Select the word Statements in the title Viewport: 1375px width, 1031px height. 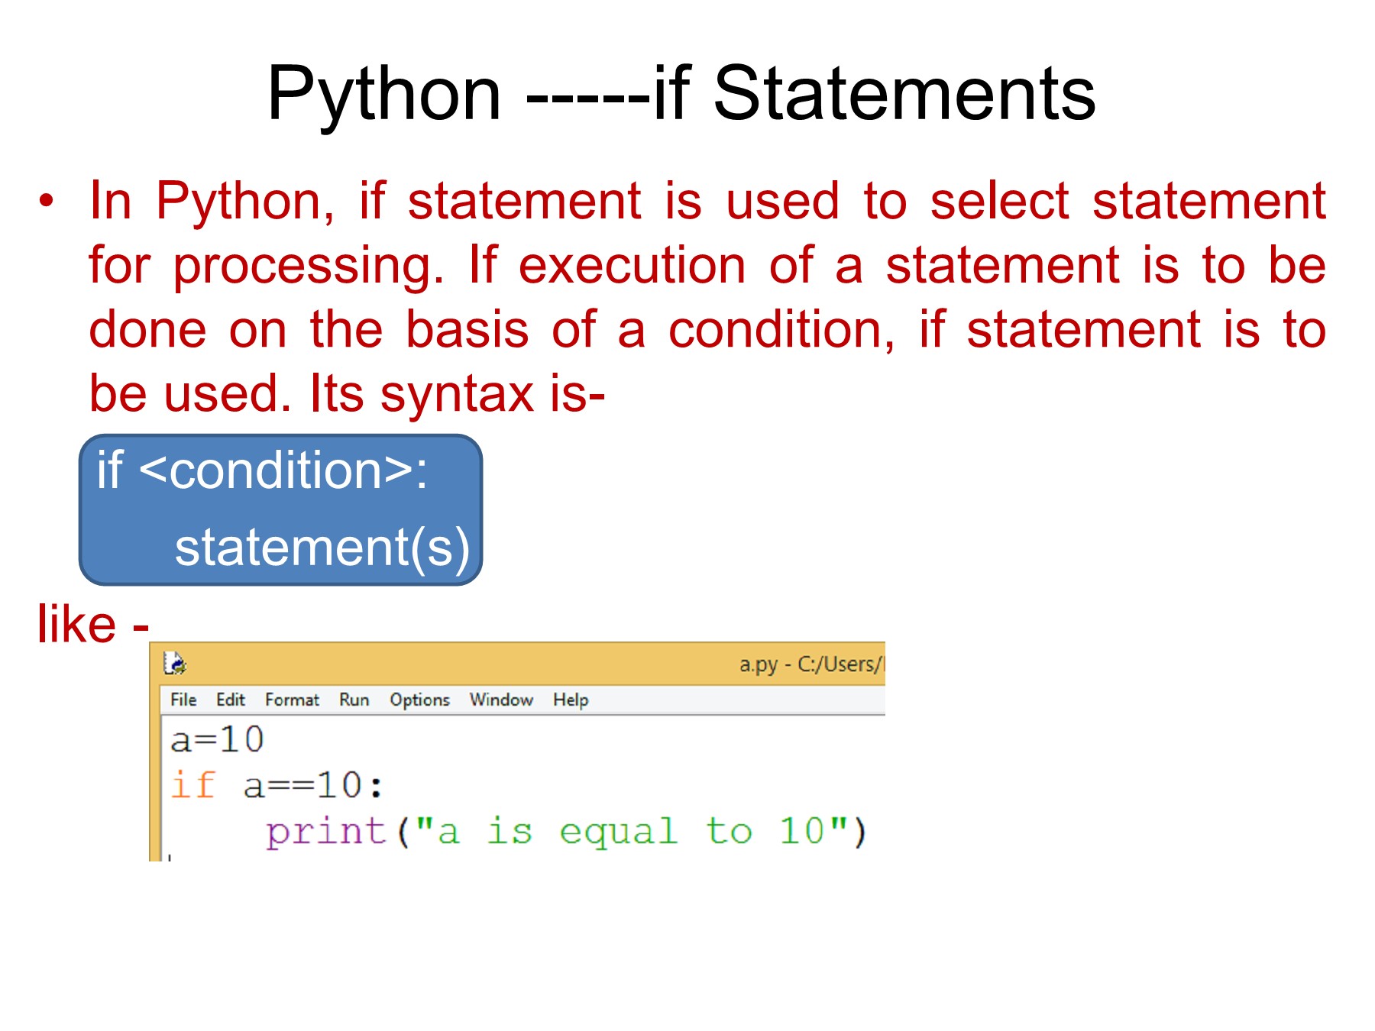coord(904,93)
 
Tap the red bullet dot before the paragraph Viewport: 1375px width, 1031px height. coord(47,202)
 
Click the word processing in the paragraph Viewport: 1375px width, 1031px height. coord(309,267)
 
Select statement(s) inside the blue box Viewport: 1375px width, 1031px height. coord(322,548)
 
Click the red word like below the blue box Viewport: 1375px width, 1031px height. coord(76,624)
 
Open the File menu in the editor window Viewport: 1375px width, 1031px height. coord(183,700)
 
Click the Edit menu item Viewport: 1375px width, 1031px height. coord(231,700)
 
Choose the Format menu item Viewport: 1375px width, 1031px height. coord(293,700)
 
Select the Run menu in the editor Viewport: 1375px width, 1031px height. coord(354,700)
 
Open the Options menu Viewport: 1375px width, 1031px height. coord(420,700)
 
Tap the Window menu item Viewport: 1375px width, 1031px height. coord(501,700)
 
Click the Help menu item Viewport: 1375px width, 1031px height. coord(571,700)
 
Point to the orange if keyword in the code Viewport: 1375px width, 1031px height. coord(192,785)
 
